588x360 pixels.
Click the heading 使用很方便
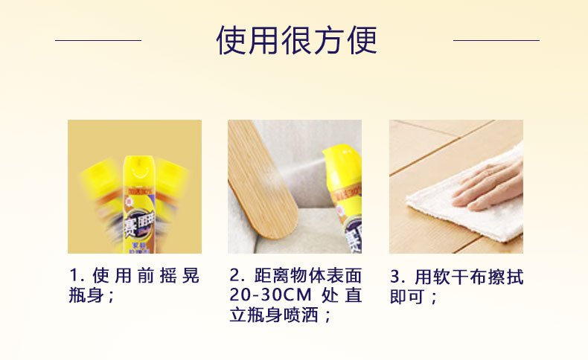(296, 40)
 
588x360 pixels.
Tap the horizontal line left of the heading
(98, 40)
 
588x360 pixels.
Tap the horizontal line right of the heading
(496, 40)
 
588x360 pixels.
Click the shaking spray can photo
(135, 187)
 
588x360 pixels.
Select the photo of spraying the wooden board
(295, 187)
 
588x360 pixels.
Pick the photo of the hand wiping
(456, 187)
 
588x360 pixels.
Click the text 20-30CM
(270, 296)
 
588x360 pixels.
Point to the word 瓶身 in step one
(85, 296)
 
